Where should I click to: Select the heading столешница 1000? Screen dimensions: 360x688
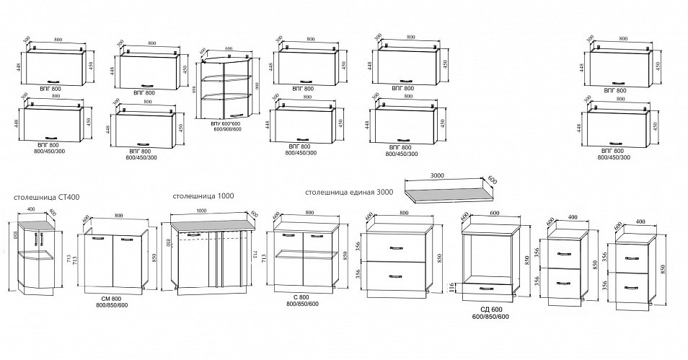tap(203, 196)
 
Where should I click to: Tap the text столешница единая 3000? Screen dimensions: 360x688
tap(349, 193)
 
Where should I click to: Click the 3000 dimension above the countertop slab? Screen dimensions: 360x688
tap(436, 174)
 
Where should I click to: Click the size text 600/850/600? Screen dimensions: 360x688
tap(490, 317)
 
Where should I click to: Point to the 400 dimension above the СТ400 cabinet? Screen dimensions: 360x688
tap(30, 209)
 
